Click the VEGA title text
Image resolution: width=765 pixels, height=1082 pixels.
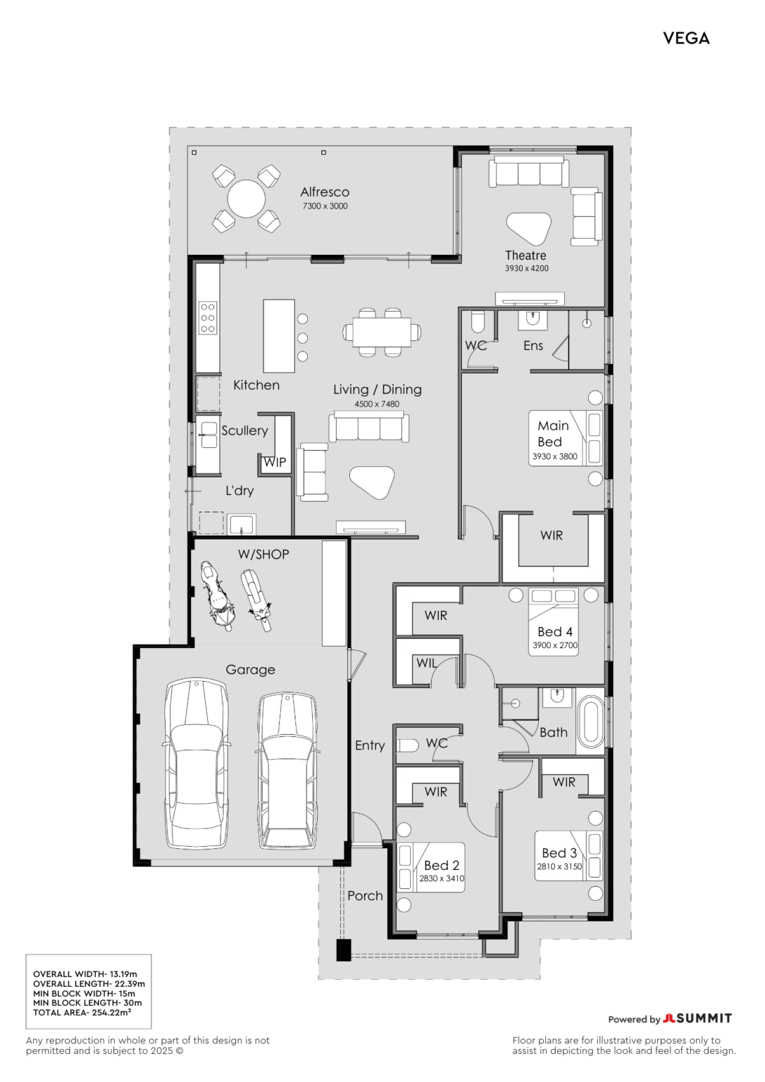point(686,38)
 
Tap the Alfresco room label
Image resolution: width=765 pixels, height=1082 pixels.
point(325,192)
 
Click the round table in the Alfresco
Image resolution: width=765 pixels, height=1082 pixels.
point(247,199)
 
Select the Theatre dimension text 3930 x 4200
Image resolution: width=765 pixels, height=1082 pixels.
point(526,268)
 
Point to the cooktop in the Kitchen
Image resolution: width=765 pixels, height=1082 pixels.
point(208,318)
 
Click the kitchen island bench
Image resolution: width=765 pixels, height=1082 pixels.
point(279,336)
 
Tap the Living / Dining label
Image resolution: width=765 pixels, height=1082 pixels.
point(377,390)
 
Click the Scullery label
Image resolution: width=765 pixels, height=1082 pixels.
point(244,430)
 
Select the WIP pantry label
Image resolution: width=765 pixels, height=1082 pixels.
point(275,462)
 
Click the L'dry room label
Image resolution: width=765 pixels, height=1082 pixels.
point(240,491)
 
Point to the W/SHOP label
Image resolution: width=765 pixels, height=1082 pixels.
point(263,554)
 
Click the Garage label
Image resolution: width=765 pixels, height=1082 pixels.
point(250,669)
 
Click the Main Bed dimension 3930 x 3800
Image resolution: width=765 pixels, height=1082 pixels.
point(554,456)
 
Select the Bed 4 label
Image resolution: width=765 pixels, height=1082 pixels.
point(555,631)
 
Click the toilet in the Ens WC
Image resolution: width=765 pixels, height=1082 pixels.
point(477,322)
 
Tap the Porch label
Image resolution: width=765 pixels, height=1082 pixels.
point(365,895)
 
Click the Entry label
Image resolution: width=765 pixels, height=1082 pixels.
point(370,745)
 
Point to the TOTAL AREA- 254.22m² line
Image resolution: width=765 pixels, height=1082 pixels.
point(82,1012)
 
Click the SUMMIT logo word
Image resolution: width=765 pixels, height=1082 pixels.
point(704,1019)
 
